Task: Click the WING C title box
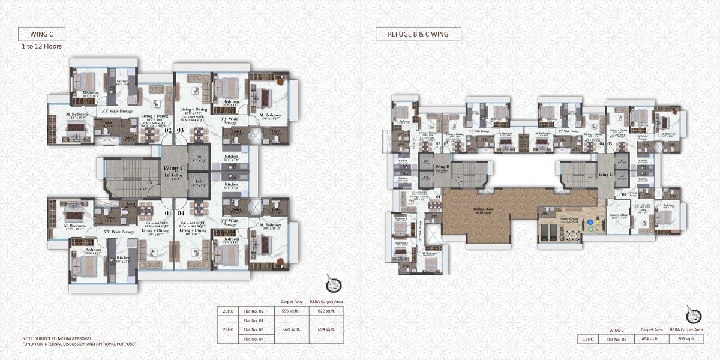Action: tap(41, 34)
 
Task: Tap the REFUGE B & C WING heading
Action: tap(418, 34)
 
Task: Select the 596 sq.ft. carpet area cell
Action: tap(290, 311)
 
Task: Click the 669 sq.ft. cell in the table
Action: tap(290, 329)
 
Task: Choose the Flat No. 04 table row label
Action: tap(254, 339)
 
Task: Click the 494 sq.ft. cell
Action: tap(646, 339)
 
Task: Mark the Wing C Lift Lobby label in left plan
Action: tap(174, 171)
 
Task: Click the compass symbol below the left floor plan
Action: tap(334, 283)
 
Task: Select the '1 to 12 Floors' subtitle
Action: tap(41, 46)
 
